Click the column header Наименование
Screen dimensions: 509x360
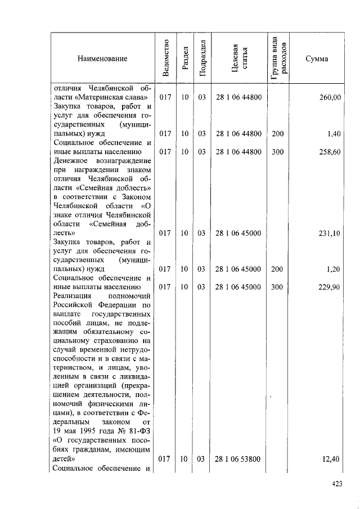click(103, 58)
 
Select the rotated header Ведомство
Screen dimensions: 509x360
click(165, 58)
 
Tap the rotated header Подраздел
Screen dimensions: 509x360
click(202, 58)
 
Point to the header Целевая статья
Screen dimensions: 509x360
click(239, 58)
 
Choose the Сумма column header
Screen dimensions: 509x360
click(317, 58)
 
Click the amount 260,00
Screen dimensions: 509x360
click(330, 98)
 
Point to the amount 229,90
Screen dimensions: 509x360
click(330, 287)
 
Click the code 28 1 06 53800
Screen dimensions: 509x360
click(238, 459)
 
